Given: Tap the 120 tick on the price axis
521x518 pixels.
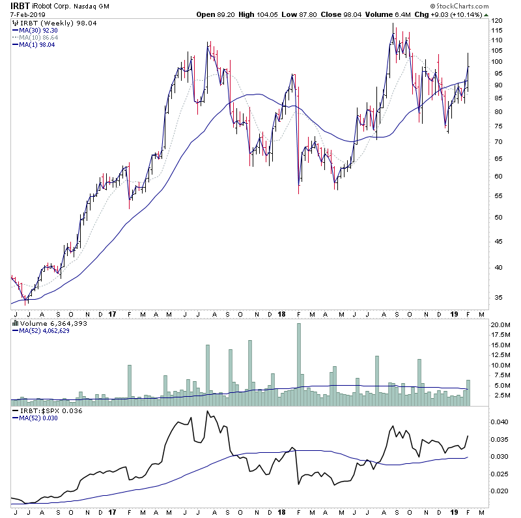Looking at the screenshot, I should [x=498, y=21].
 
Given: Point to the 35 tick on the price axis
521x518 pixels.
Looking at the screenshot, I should [x=496, y=297].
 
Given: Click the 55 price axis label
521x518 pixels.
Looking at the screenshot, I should [x=496, y=196].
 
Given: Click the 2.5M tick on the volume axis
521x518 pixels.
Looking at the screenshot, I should [x=500, y=396].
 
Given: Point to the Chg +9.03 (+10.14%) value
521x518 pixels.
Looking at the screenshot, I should [x=477, y=14].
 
